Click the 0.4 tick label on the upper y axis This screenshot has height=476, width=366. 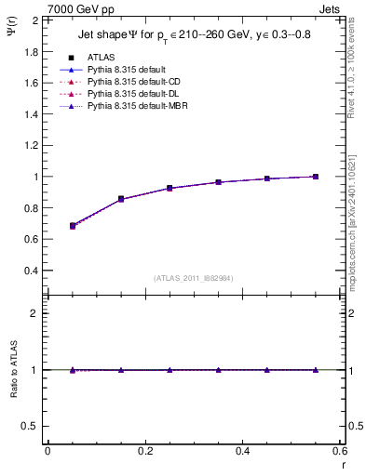coord(32,271)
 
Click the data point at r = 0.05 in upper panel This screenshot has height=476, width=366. coord(72,226)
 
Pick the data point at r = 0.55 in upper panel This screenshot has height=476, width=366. coord(316,177)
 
